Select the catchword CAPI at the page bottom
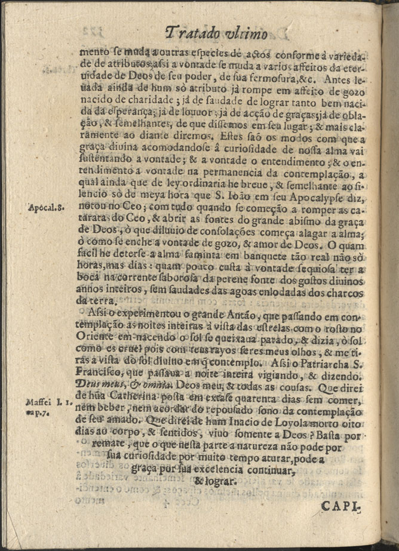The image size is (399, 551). click(x=343, y=507)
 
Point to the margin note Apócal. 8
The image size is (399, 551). click(x=46, y=208)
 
